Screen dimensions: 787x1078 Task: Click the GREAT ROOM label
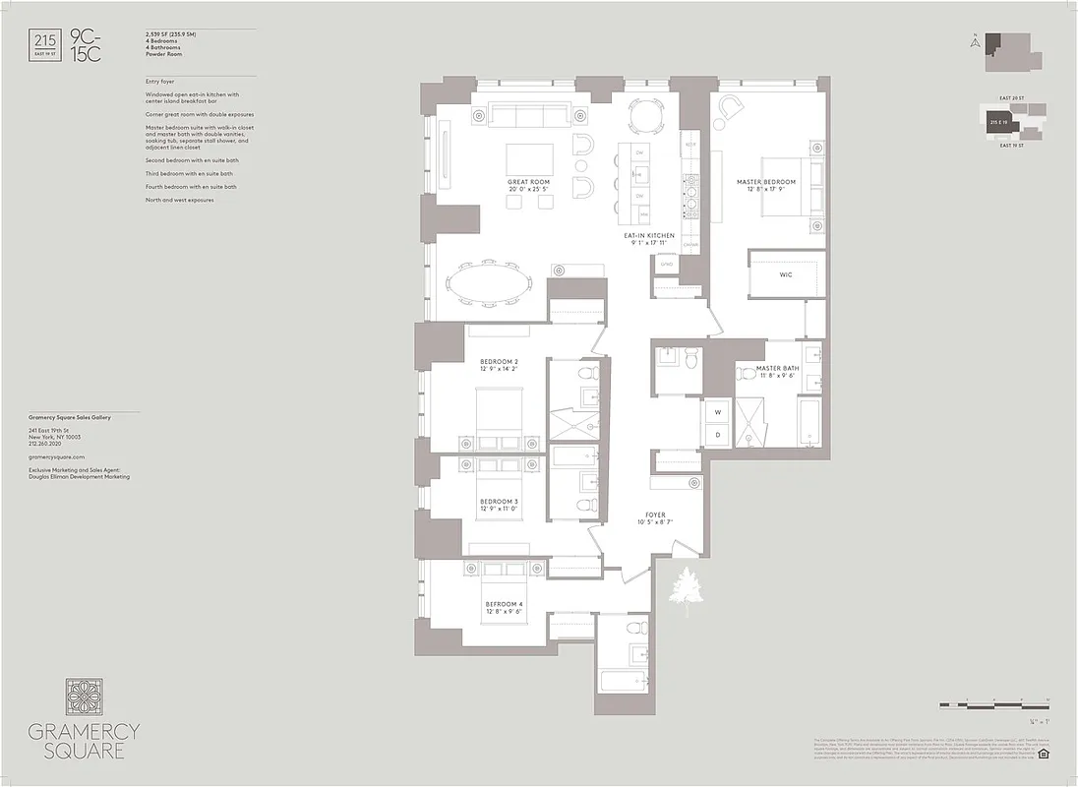528,183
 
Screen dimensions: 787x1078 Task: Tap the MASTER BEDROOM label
767,182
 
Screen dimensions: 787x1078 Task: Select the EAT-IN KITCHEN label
648,236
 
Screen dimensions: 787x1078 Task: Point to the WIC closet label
786,274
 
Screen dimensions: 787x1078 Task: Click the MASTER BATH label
777,370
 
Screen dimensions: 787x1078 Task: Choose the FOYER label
656,515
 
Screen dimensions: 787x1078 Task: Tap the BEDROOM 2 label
499,362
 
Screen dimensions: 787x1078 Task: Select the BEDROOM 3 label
499,502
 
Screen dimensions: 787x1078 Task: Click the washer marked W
717,412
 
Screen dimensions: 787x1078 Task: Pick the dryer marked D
717,434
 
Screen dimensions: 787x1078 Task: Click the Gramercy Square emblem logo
83,696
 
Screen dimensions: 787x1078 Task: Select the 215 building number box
43,43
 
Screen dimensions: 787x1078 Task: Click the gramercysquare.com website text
57,457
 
